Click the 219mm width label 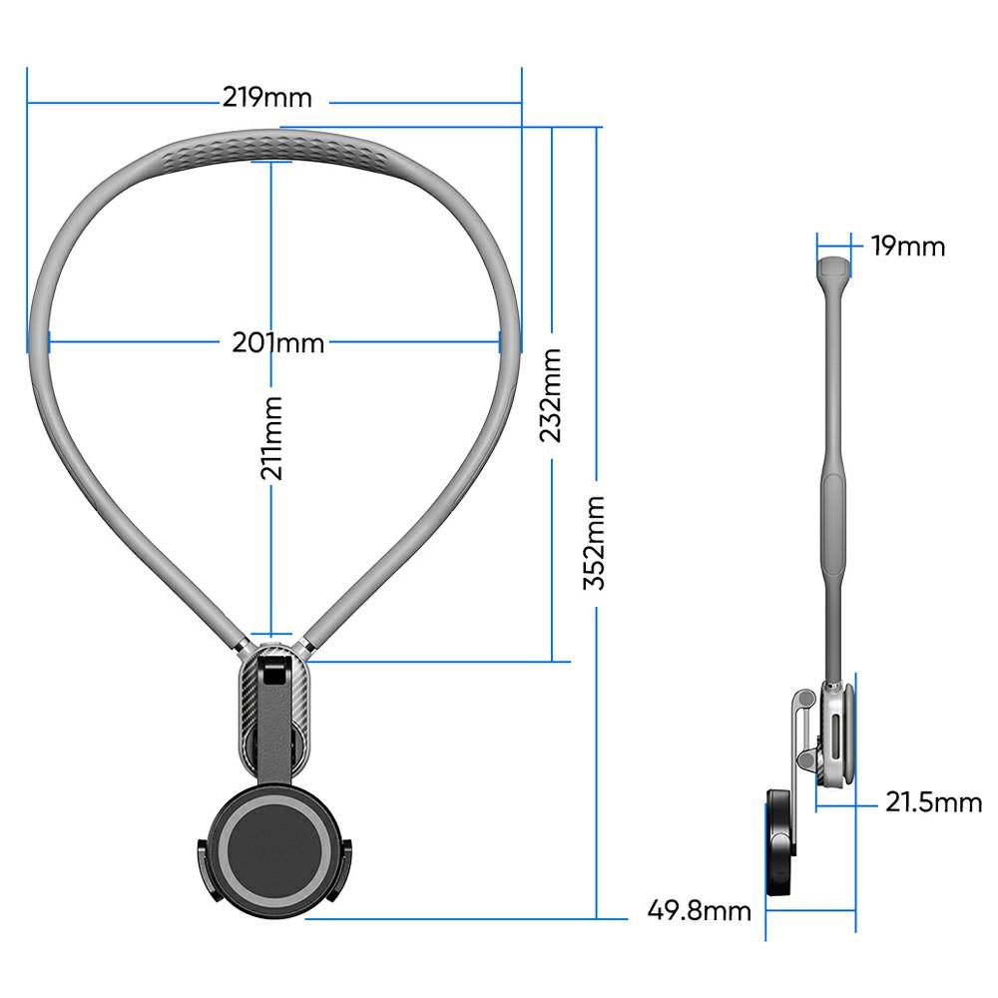coord(266,98)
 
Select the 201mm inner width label coord(277,342)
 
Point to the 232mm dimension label coord(552,394)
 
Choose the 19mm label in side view coord(906,246)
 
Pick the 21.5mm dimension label coord(932,800)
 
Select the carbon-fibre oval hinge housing coord(273,709)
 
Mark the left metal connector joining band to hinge coord(240,645)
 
